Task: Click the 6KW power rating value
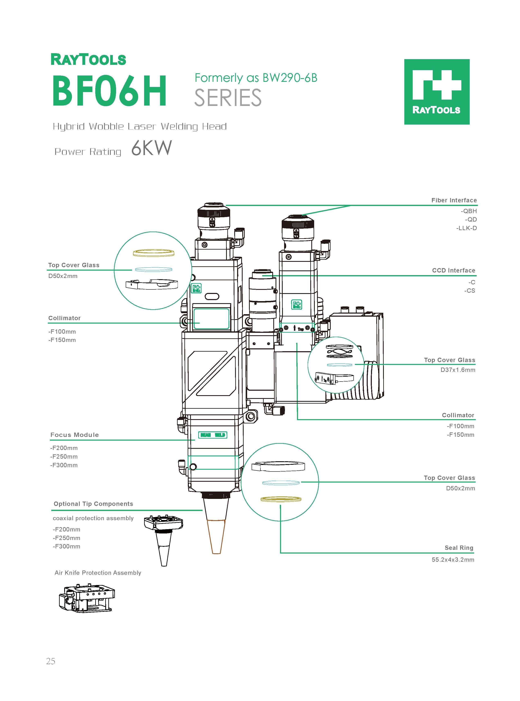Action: coord(151,148)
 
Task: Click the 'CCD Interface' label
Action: coord(453,270)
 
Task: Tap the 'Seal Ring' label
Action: coord(459,548)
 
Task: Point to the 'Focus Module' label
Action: coord(75,435)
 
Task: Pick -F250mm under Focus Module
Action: coord(64,457)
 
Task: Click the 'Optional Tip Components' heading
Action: coord(93,504)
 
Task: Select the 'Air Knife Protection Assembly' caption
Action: coord(98,573)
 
